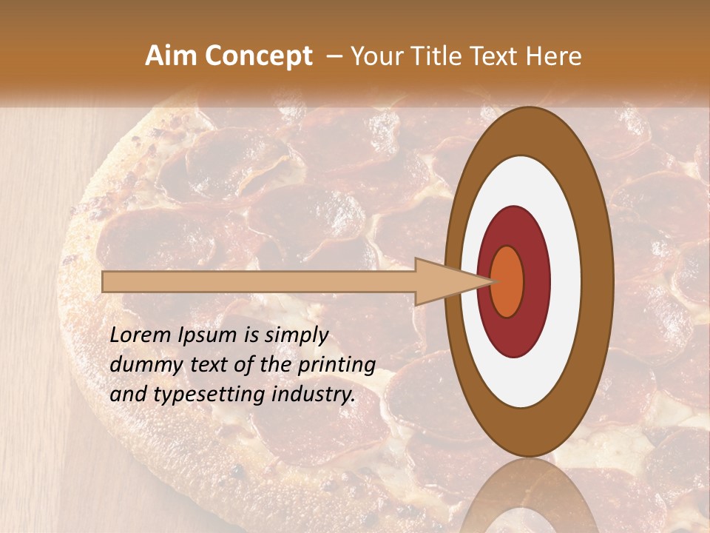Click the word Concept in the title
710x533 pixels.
click(258, 56)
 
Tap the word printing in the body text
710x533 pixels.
click(337, 366)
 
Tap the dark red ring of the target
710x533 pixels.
click(535, 281)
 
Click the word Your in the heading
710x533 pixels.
click(374, 56)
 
